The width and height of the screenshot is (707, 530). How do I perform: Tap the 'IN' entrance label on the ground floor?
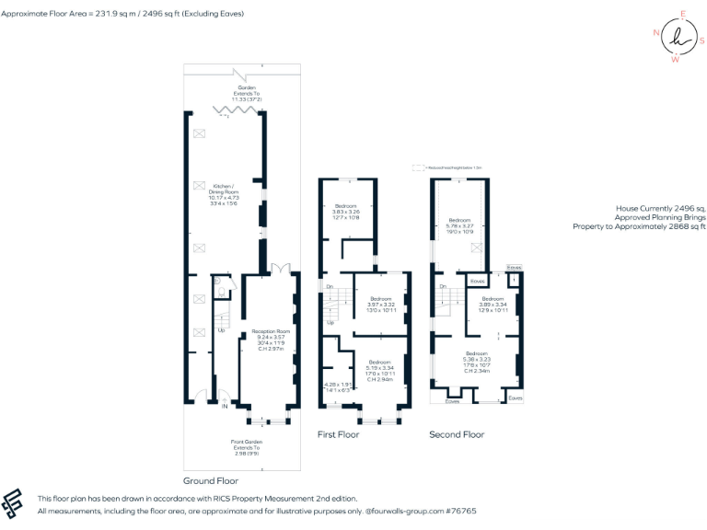click(x=224, y=404)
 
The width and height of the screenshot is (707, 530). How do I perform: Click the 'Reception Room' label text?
click(x=271, y=331)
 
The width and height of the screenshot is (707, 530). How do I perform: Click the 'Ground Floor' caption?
click(x=211, y=480)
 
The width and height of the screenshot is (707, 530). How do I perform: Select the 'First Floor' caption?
click(x=338, y=434)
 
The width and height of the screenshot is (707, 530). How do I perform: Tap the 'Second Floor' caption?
click(x=457, y=434)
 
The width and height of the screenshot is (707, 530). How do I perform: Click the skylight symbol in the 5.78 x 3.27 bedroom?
click(x=476, y=248)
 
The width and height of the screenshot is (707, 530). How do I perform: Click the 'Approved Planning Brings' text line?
click(x=658, y=217)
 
